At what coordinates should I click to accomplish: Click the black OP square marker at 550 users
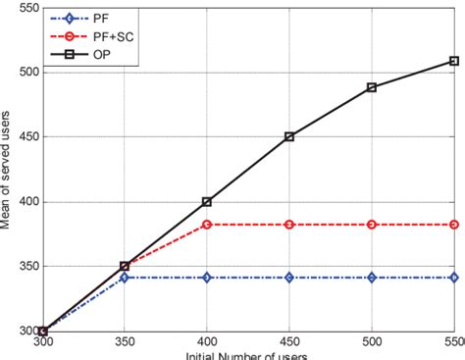[x=454, y=61]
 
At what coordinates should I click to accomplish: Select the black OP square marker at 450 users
[x=289, y=137]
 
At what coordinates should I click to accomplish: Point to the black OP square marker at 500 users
[x=372, y=87]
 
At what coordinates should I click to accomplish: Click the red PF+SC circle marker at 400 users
[x=207, y=225]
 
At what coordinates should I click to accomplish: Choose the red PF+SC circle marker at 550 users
[x=454, y=225]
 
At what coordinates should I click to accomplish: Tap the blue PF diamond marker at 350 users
[x=125, y=278]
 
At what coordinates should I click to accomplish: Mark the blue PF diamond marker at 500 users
[x=372, y=278]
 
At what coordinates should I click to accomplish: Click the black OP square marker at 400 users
[x=207, y=202]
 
